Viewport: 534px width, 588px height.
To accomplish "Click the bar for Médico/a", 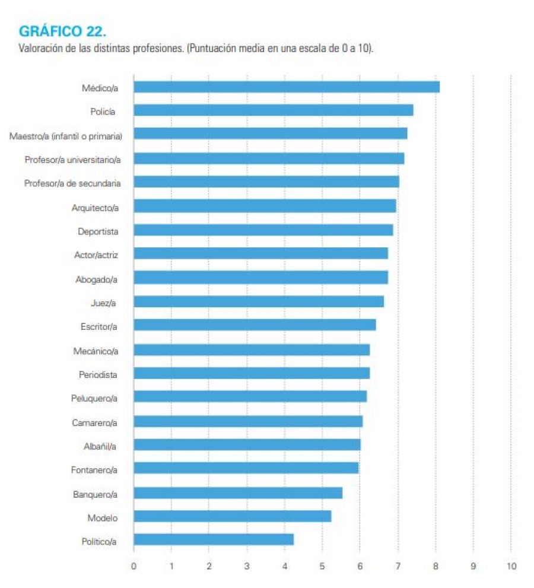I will pos(287,87).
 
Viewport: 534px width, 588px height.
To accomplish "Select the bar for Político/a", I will pos(214,539).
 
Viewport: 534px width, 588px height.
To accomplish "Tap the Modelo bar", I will pos(232,516).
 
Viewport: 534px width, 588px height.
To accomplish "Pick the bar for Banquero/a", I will pos(238,493).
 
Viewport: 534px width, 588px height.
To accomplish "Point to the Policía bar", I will pos(273,110).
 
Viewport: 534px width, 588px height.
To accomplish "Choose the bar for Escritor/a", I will pos(255,325).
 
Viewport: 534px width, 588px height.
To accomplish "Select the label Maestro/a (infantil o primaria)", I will pos(66,136).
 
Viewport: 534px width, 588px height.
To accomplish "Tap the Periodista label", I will pos(98,375).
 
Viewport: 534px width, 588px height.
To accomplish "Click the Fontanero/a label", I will pos(94,470).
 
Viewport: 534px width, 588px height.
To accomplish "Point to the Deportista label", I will pos(98,231).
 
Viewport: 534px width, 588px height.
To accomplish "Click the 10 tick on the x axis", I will pos(511,566).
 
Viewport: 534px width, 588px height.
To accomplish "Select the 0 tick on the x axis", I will pos(133,566).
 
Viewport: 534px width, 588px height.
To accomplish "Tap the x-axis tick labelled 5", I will pos(322,566).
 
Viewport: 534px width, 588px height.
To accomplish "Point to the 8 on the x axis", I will pos(436,566).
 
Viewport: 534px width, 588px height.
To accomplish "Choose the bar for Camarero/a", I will pos(248,421).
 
